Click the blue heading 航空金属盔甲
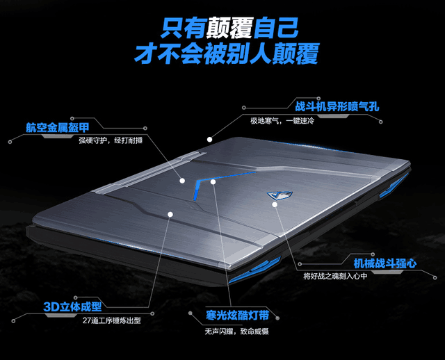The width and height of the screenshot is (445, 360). (58, 128)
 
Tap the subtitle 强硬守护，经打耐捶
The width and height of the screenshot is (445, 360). (111, 140)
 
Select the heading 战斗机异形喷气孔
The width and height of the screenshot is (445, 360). (337, 106)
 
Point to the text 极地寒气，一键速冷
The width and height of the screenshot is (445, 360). (282, 121)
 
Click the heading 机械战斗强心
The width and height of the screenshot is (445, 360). (385, 263)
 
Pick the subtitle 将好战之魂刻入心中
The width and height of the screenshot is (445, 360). (335, 276)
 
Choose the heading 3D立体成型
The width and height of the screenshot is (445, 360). (72, 306)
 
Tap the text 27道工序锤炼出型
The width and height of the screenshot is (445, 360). (112, 320)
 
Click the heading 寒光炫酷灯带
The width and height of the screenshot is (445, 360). (237, 316)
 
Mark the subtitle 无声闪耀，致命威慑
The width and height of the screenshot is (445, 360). (237, 331)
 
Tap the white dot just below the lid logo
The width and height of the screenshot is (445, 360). (275, 204)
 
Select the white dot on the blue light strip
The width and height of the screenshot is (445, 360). (213, 181)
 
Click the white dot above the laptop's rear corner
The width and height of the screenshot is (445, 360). (209, 139)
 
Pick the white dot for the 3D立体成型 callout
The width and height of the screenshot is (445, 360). (170, 214)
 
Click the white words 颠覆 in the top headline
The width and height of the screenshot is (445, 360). (229, 28)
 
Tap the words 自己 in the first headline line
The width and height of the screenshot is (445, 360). (276, 28)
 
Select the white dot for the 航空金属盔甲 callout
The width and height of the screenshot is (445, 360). (182, 181)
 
